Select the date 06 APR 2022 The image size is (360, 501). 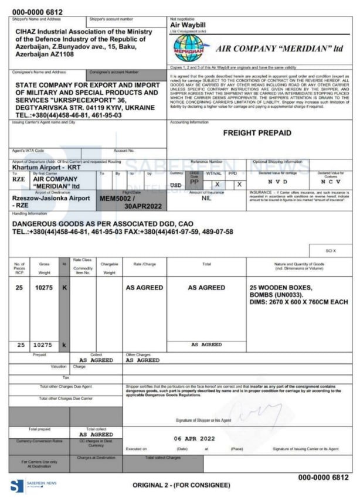194,438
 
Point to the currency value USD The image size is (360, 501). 176,185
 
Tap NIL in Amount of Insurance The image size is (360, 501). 206,198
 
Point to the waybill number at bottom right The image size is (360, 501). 323,478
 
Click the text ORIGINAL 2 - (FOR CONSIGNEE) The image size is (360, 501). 182,486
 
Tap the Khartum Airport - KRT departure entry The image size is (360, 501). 46,167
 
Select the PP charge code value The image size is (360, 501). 194,182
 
